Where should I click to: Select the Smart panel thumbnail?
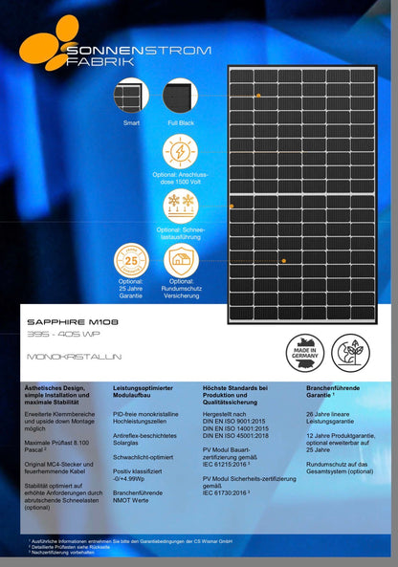point(130,97)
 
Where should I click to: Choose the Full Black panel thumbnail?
point(180,97)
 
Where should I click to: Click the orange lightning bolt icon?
point(179,151)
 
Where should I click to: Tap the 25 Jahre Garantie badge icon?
point(131,260)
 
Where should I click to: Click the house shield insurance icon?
point(182,260)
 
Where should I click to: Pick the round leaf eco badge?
point(352,352)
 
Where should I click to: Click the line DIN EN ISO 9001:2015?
point(235,421)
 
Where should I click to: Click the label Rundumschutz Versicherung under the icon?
point(182,289)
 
